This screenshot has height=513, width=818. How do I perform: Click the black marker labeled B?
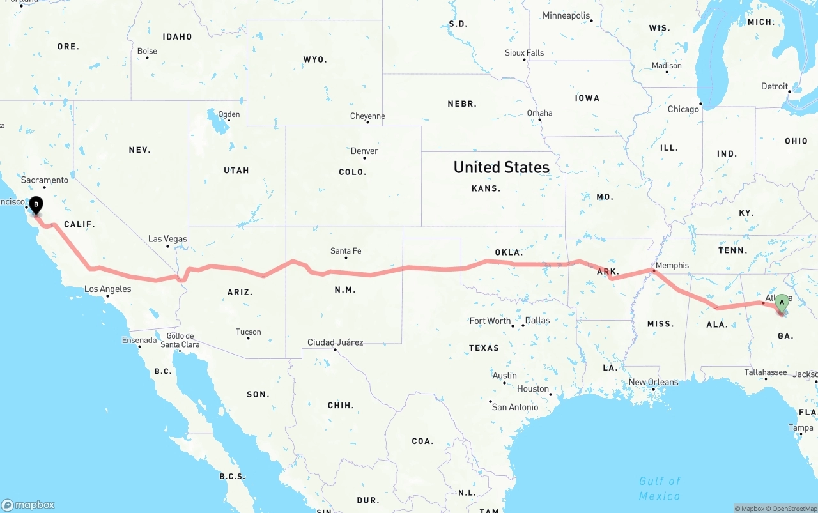(x=36, y=205)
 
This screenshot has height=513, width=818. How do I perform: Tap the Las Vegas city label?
(x=167, y=239)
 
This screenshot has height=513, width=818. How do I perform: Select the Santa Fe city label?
(x=346, y=251)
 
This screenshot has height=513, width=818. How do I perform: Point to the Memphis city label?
(x=672, y=265)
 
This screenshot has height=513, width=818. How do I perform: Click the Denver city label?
(x=364, y=151)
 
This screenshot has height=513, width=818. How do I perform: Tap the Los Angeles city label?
(x=107, y=289)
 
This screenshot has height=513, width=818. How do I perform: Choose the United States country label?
(x=501, y=167)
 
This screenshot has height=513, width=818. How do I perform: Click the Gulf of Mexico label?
(x=660, y=488)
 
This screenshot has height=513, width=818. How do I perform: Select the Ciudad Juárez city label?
(x=335, y=342)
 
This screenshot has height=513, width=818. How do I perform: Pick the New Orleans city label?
(x=653, y=382)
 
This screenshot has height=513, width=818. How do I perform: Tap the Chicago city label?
(x=683, y=109)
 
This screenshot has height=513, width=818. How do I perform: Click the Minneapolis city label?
(x=566, y=15)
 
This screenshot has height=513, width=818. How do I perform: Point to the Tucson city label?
(x=248, y=332)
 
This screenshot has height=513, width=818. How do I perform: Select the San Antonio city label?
(x=515, y=407)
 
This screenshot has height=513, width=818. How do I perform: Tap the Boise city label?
(x=147, y=51)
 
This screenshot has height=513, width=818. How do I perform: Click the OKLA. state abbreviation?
(x=509, y=252)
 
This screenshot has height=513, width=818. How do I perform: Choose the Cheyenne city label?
(x=367, y=116)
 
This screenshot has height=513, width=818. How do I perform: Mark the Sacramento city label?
(x=44, y=180)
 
